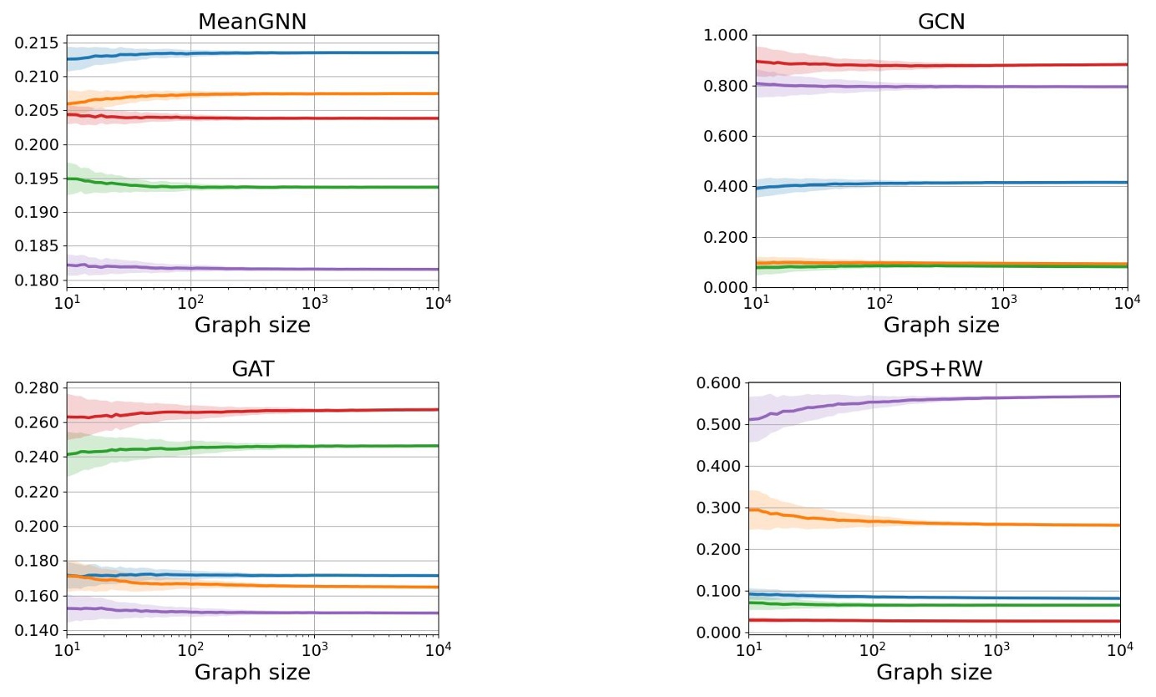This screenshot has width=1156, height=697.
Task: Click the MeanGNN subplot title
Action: (x=252, y=22)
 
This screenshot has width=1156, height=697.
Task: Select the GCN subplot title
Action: (x=941, y=22)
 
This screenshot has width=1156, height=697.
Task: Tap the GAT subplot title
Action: (x=252, y=370)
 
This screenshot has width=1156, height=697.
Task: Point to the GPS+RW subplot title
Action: (x=934, y=370)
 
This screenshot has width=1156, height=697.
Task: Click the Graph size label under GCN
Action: (x=941, y=325)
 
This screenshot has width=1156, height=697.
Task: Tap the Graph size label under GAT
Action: (x=252, y=672)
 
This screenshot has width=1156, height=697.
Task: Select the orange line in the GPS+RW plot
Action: (x=1002, y=523)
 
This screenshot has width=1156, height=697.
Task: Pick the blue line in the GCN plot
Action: (x=1002, y=183)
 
